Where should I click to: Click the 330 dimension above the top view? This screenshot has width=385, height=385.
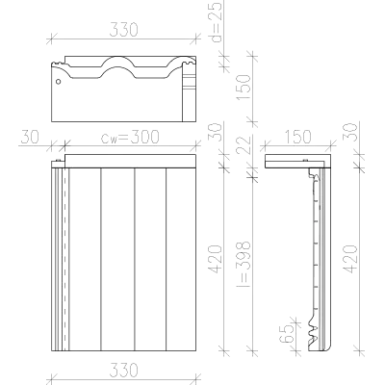coord(124,30)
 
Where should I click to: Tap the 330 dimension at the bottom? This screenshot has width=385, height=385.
coord(124,370)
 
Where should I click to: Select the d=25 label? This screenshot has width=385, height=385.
coord(216,22)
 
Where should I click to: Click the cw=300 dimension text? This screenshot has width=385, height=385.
coord(130,137)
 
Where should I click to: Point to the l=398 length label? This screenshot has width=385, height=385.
coord(244,263)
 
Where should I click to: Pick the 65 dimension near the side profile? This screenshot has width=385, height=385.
coord(287,334)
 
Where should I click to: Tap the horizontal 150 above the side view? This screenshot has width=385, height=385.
coord(297,137)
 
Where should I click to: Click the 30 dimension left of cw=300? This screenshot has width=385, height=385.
coord(30,137)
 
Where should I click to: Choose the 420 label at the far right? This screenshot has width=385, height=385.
coord(350,259)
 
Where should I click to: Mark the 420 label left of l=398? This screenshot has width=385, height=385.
coord(216,259)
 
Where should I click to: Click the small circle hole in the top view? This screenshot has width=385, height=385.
coord(58,82)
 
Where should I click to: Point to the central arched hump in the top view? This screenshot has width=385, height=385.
coord(117,59)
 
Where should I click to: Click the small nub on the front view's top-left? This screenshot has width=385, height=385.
coord(58,161)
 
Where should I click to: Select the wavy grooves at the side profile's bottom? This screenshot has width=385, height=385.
coord(313,332)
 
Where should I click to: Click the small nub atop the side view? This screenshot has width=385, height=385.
coord(305,161)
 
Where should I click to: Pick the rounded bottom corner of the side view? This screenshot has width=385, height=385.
coord(328,347)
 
